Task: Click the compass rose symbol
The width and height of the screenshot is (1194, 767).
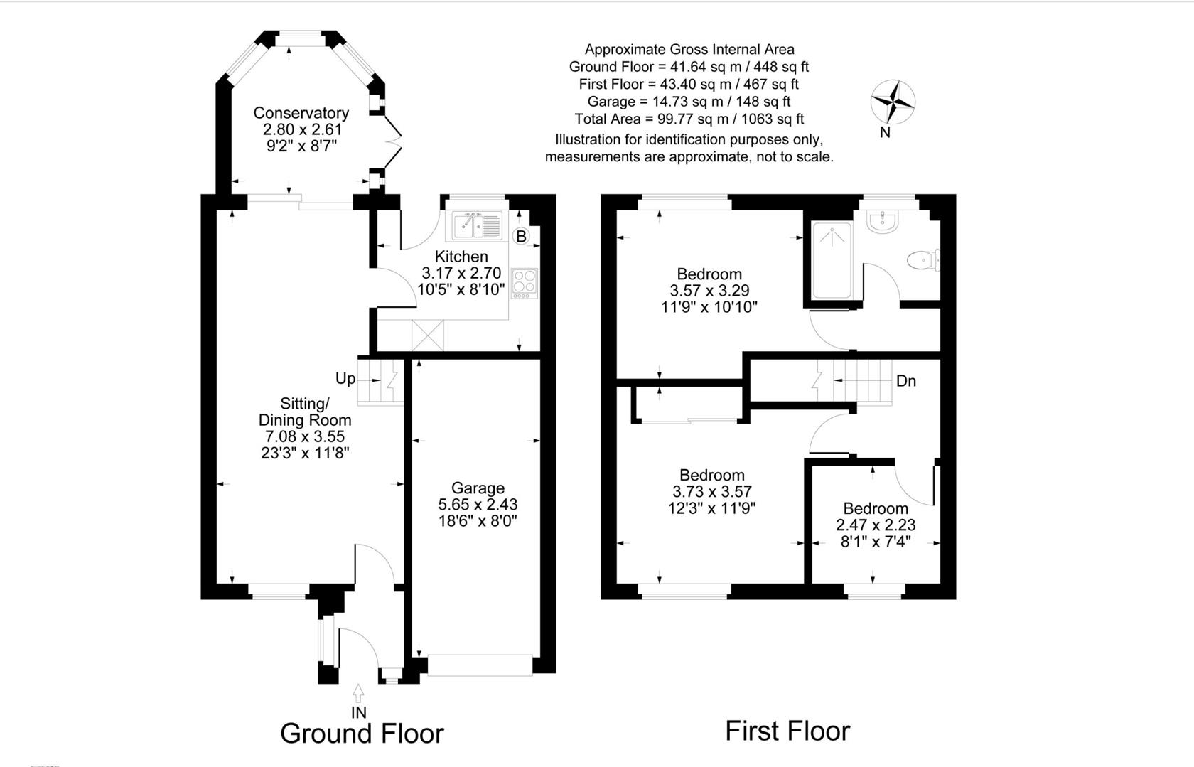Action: tap(893, 102)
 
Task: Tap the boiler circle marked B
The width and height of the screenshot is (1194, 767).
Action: tap(521, 236)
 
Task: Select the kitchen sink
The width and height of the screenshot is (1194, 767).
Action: tap(477, 226)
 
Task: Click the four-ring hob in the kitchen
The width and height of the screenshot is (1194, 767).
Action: tap(525, 282)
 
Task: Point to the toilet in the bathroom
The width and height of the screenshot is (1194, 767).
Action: tap(923, 261)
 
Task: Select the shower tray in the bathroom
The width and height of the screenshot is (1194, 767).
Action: tap(832, 261)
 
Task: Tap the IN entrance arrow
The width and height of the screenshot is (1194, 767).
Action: tap(358, 692)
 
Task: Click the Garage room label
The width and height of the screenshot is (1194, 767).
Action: tap(478, 488)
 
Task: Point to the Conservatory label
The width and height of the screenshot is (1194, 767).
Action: tap(301, 113)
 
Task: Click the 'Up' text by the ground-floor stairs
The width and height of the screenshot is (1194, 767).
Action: tap(345, 378)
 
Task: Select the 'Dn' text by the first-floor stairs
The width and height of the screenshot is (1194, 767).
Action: tap(905, 381)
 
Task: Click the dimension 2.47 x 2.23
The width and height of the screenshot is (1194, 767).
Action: tap(875, 525)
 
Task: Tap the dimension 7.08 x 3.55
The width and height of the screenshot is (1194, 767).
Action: tap(304, 436)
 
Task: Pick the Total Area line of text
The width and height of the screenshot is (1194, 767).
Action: tap(689, 119)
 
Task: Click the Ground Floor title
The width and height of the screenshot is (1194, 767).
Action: tap(362, 733)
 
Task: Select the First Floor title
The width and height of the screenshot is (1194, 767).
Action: tap(787, 731)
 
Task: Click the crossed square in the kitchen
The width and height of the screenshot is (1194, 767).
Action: tap(427, 335)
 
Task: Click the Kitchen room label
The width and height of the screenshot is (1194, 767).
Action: tap(461, 257)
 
